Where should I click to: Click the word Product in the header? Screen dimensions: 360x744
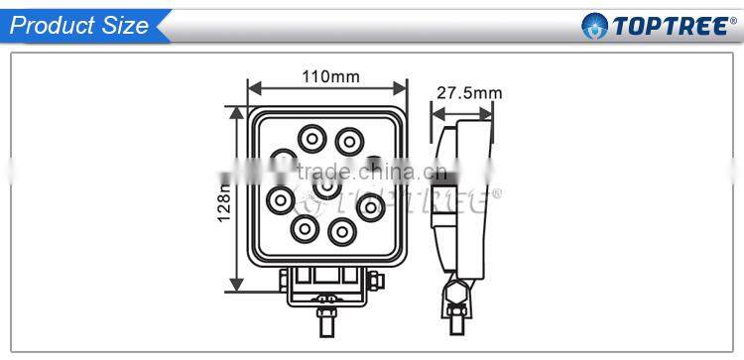point(50,25)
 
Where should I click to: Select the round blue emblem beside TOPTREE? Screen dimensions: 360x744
point(594,25)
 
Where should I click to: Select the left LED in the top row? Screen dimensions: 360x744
point(312,137)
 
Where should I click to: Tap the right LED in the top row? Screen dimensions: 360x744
point(348,137)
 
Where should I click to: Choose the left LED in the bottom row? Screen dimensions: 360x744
point(304,230)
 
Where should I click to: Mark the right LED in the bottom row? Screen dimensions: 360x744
point(341,231)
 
